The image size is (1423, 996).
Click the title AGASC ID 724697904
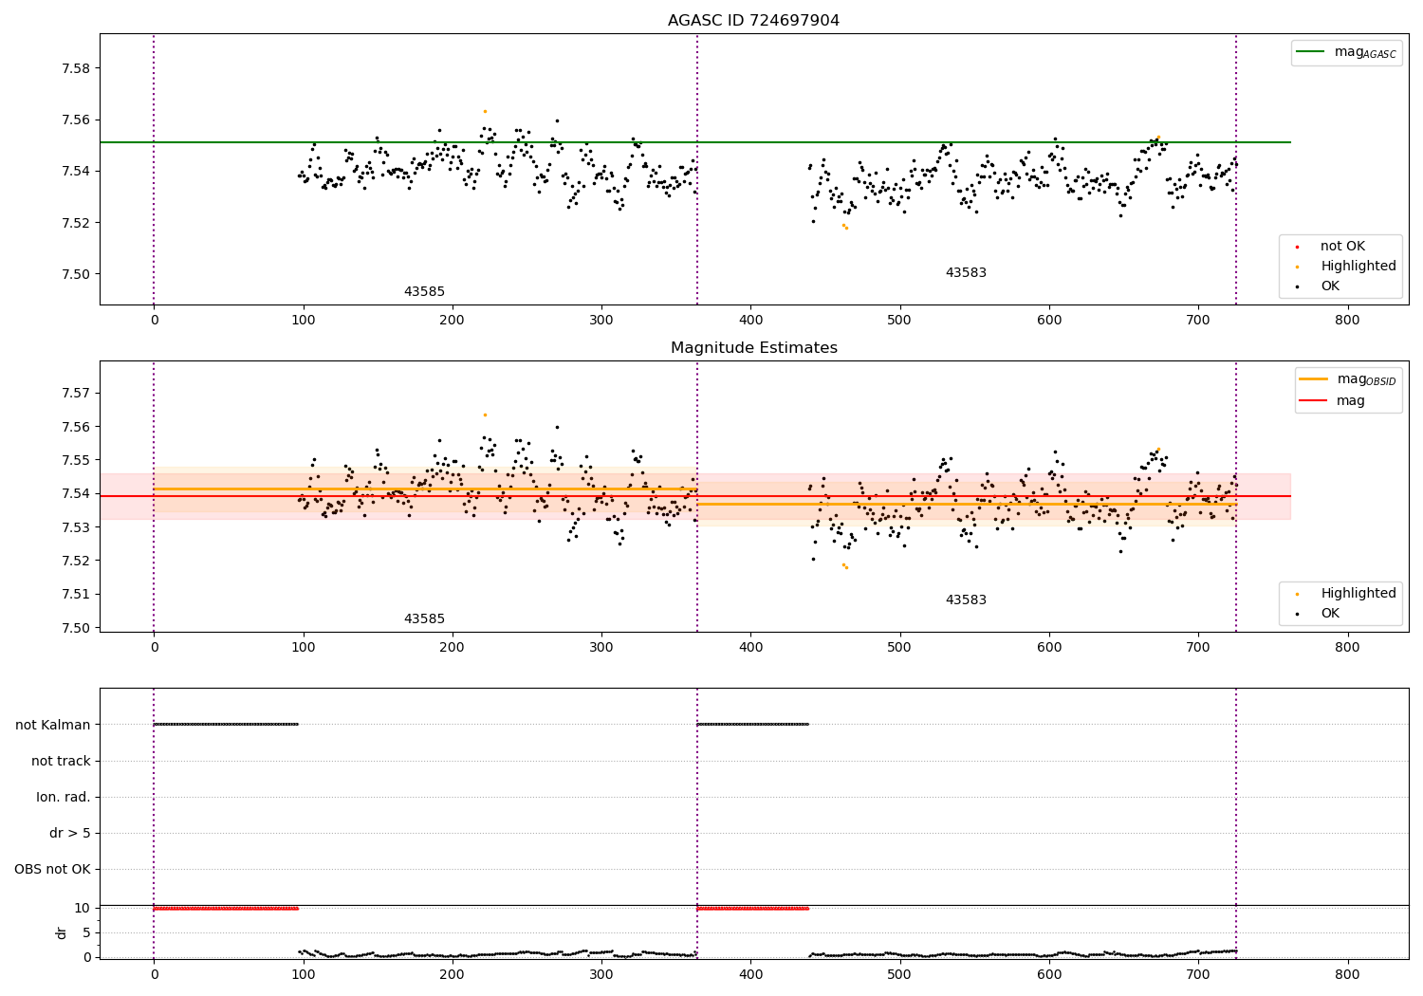(x=753, y=20)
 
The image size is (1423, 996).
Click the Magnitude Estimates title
(x=754, y=347)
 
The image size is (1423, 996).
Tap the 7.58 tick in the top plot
(x=76, y=68)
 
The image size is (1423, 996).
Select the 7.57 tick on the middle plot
(x=76, y=393)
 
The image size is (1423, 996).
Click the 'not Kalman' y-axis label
(x=53, y=725)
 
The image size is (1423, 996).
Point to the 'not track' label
(x=61, y=761)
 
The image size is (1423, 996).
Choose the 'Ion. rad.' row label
(x=64, y=797)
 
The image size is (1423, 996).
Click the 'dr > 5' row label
(x=70, y=833)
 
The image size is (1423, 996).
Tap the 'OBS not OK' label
(x=53, y=869)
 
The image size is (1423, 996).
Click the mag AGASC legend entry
(x=1346, y=53)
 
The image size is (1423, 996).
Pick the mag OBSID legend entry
(x=1347, y=379)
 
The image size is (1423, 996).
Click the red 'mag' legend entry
(x=1333, y=400)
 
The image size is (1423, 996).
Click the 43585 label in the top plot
(x=424, y=291)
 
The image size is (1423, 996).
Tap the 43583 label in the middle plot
(x=966, y=599)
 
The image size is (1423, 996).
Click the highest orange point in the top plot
(x=485, y=111)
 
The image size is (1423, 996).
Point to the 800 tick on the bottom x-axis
(x=1347, y=974)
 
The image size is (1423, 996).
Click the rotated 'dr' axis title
(x=61, y=933)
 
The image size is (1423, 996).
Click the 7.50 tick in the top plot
(x=76, y=274)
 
